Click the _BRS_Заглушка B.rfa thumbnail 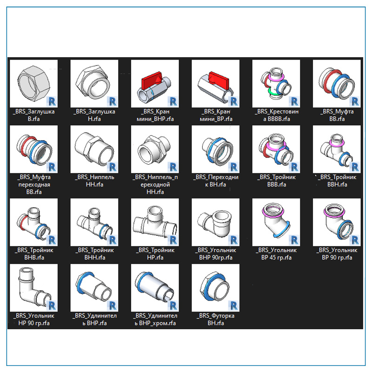click(x=33, y=84)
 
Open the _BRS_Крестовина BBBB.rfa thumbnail click(x=276, y=84)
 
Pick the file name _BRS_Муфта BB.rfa click(x=337, y=115)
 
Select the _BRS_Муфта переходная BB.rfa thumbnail click(x=33, y=149)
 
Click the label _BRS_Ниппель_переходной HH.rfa click(x=155, y=184)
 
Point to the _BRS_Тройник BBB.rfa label click(x=276, y=180)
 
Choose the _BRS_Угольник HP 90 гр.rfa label click(x=33, y=319)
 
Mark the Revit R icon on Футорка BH click(x=233, y=305)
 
